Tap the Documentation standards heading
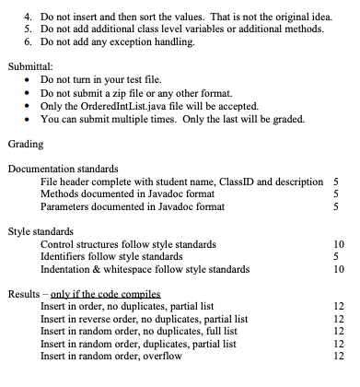(62, 169)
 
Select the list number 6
(27, 41)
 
